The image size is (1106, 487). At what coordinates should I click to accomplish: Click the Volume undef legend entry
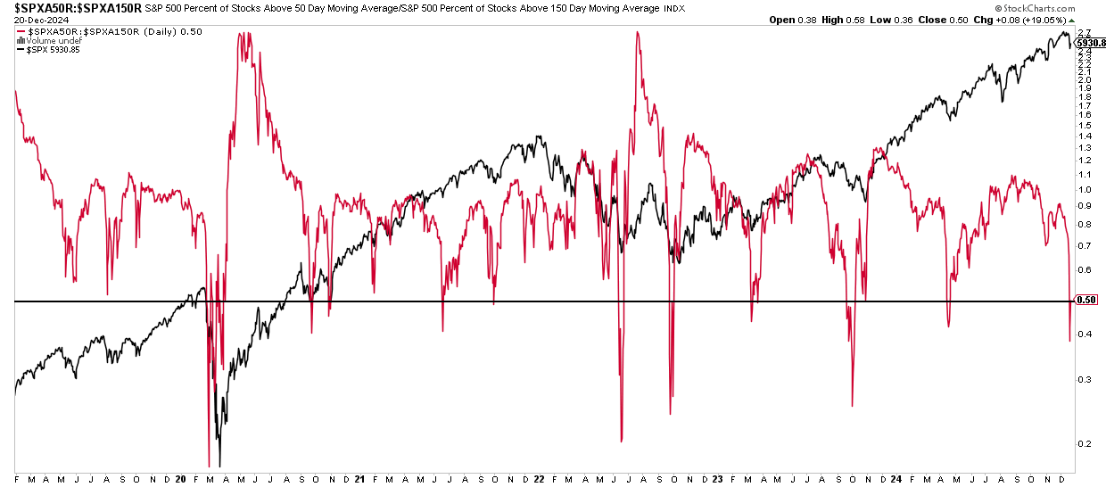pos(54,41)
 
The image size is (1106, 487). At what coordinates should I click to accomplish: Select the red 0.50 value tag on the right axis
pos(1086,300)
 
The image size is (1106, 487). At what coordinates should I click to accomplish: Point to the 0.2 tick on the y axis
pos(1083,443)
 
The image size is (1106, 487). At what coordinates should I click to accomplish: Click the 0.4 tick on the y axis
pos(1083,334)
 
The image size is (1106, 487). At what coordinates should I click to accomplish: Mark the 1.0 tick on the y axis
pos(1083,190)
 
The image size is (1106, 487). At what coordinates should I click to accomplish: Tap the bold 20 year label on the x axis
pos(181,479)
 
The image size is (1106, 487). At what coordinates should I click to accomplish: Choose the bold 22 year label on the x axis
pos(539,479)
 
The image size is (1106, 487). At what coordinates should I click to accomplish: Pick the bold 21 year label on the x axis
pos(360,479)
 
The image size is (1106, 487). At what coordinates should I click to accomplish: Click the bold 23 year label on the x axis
pos(717,479)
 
